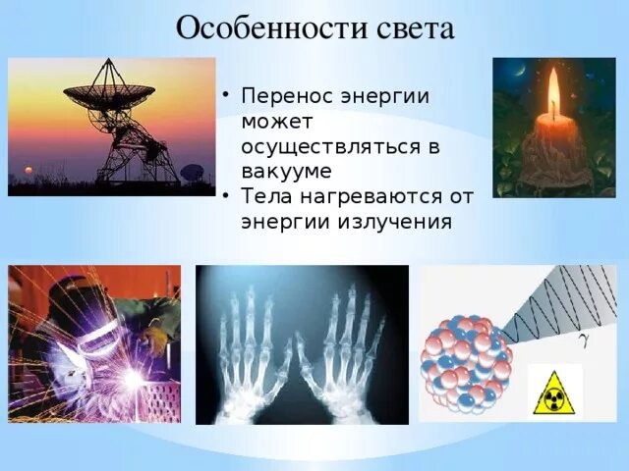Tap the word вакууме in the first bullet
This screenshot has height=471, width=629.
pos(286,172)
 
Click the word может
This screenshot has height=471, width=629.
pos(276,122)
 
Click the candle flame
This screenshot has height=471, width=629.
pos(554,91)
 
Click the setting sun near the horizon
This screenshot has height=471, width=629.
pos(29,170)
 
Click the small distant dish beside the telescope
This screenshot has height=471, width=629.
pos(193,173)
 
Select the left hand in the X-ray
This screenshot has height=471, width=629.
pos(254,352)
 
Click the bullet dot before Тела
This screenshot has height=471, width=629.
pos(227,196)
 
